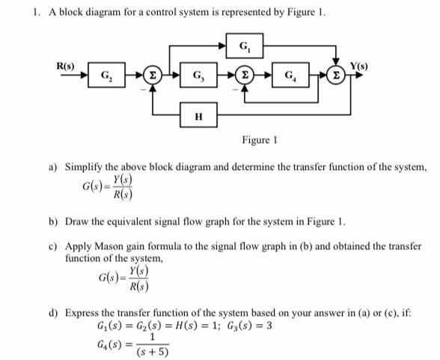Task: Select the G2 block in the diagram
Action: pyautogui.click(x=109, y=76)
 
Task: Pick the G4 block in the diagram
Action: pyautogui.click(x=288, y=76)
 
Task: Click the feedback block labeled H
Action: pyautogui.click(x=198, y=116)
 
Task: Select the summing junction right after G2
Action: pyautogui.click(x=153, y=76)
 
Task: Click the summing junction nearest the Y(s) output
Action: pyautogui.click(x=337, y=76)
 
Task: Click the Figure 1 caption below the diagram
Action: pyautogui.click(x=259, y=140)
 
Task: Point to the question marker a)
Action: pyautogui.click(x=54, y=167)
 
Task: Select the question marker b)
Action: pyautogui.click(x=54, y=222)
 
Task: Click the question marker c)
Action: pyautogui.click(x=54, y=245)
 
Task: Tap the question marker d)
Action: pyautogui.click(x=54, y=312)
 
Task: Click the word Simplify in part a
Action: pyautogui.click(x=85, y=167)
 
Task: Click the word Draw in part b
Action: pyautogui.click(x=78, y=222)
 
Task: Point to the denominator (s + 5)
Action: pyautogui.click(x=153, y=352)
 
